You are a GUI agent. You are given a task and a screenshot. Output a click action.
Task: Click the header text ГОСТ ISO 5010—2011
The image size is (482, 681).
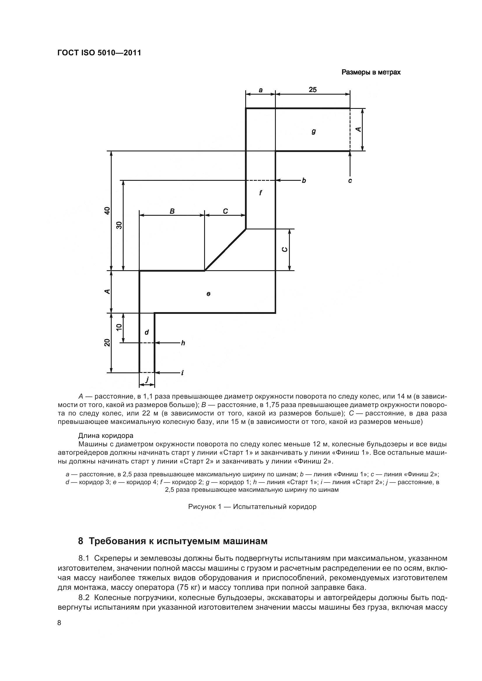coord(99,53)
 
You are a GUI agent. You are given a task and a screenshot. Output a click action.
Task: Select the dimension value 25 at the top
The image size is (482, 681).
coord(312,89)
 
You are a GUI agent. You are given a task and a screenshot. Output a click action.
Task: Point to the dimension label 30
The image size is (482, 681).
coord(119,225)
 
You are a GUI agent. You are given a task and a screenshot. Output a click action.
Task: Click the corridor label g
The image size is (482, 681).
coord(314,131)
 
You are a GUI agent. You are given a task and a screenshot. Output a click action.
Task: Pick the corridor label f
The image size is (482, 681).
coord(260,193)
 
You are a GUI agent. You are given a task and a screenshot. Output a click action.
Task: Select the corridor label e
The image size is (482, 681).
coord(208,294)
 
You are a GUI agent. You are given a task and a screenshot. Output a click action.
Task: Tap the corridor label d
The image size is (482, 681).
coord(146,332)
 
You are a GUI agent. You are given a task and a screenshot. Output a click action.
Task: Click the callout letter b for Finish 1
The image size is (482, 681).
coord(304,180)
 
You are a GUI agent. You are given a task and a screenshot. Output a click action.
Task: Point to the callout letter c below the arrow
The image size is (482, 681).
coord(350,180)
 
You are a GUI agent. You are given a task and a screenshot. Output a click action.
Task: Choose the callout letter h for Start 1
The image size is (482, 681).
coord(183,343)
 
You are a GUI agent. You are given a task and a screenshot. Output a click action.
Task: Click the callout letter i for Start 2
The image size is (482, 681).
coord(182,373)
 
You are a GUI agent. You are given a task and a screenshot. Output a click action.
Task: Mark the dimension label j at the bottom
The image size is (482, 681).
coord(147,379)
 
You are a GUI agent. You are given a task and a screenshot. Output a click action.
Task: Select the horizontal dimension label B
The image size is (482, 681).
coord(172,211)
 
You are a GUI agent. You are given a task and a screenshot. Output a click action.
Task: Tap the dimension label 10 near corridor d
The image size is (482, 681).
coord(119,327)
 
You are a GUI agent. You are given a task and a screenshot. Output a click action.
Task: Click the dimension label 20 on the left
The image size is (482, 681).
coord(107,342)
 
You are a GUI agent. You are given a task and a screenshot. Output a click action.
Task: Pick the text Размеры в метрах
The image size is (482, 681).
coord(371,72)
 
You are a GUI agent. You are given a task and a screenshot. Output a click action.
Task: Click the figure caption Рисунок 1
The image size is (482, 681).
coord(252,507)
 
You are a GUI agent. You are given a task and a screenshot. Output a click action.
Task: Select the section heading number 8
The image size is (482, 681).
coord(80,541)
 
